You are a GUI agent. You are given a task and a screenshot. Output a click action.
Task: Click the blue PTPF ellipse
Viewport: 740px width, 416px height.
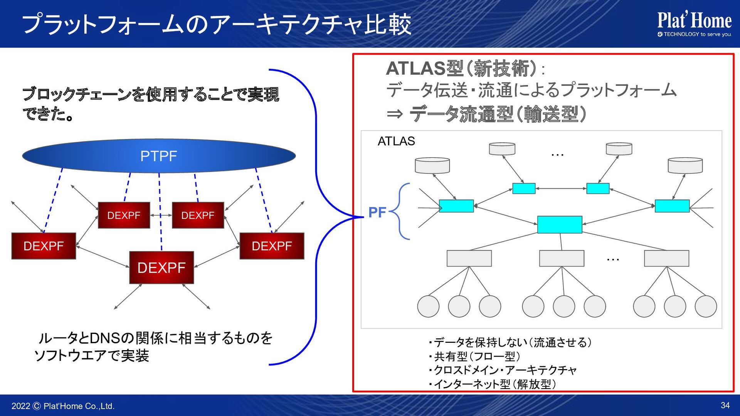[159, 156]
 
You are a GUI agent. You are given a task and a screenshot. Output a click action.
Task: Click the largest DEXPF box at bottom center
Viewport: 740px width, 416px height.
[161, 268]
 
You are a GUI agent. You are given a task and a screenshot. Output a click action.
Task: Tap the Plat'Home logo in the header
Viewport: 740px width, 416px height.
[694, 24]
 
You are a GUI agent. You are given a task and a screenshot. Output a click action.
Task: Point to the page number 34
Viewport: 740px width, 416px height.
[725, 405]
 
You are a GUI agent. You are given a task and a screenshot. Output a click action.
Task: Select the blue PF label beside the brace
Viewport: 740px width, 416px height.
[377, 212]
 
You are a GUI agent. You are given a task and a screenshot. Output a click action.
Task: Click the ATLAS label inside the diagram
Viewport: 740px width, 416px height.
[396, 141]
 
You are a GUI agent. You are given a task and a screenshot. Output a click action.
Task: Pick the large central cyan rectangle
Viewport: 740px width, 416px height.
[560, 225]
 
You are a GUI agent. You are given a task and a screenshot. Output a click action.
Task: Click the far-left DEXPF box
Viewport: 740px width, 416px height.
[44, 246]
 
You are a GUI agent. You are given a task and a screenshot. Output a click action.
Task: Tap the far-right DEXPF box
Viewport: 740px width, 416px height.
[272, 246]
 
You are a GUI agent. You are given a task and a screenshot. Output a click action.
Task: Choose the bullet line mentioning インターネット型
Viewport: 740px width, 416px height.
[492, 384]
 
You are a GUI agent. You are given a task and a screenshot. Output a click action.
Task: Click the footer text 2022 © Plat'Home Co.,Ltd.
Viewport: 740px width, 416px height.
[63, 406]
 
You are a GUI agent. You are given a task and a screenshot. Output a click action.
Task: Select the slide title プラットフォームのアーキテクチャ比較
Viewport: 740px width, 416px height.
[217, 24]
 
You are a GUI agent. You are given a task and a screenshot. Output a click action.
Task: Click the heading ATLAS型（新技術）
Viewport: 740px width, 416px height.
[461, 69]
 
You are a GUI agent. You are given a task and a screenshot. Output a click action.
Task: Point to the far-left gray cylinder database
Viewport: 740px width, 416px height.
[432, 165]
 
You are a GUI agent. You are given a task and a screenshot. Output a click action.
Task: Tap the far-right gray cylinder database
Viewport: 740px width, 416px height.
[685, 165]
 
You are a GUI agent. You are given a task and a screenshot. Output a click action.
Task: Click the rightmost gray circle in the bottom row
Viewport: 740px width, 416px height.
[706, 306]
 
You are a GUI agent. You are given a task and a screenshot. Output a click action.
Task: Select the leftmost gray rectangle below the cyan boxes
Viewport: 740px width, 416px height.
[469, 258]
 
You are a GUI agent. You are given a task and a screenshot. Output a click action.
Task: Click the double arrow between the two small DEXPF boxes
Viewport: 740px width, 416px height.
[161, 215]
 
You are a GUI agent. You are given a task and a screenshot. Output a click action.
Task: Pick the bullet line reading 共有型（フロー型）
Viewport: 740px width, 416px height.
[474, 356]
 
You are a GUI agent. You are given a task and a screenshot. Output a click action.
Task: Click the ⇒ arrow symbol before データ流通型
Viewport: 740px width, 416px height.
[395, 114]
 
